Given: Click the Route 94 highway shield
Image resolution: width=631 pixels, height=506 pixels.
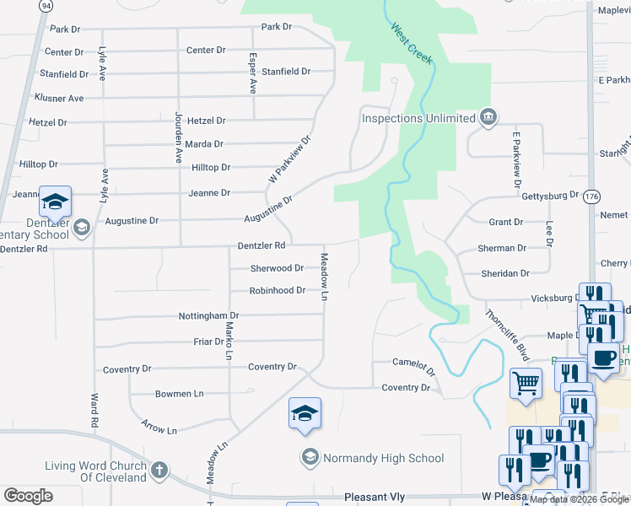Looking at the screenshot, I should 45,5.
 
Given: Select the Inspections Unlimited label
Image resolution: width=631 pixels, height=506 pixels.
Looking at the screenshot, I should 418,118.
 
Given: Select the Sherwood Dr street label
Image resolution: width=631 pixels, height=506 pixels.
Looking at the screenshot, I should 277,268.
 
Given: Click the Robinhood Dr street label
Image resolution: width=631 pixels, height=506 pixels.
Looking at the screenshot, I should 277,291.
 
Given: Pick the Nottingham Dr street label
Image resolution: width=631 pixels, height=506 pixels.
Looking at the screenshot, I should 208,315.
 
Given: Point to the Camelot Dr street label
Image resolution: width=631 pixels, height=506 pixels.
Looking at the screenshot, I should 414,364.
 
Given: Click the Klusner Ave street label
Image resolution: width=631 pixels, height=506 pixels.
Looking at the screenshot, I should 59,99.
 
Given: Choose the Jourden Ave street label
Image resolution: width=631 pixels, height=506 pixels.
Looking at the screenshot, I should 178,136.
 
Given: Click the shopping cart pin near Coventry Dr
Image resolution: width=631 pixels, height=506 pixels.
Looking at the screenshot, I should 526,383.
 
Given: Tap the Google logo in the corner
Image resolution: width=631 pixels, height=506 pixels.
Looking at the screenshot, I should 28,496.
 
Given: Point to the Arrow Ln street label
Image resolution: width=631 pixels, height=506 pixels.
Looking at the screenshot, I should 159,424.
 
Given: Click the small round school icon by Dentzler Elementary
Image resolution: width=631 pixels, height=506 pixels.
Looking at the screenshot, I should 82,226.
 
